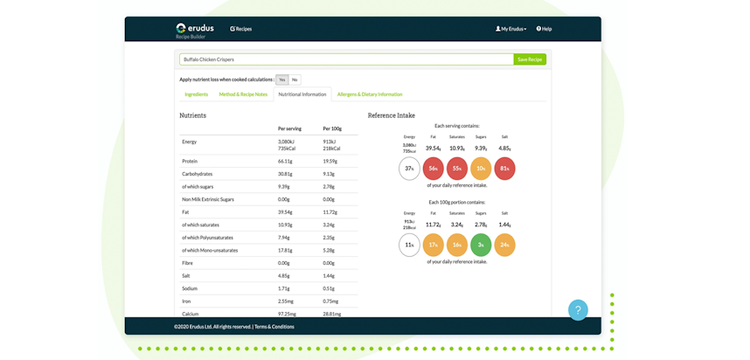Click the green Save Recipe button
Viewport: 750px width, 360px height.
(530, 59)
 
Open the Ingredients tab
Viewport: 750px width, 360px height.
(196, 94)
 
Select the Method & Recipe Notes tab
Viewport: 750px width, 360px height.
(243, 94)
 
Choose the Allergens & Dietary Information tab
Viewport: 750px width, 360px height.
(370, 94)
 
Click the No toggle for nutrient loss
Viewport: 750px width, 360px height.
(295, 80)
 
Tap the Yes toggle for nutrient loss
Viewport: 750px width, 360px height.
(281, 80)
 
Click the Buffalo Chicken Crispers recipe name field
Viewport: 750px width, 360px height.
(346, 59)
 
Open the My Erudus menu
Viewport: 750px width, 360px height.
(511, 29)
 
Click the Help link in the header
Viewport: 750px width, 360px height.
(544, 29)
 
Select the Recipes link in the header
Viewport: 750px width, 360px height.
(241, 29)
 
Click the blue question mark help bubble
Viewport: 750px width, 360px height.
(578, 310)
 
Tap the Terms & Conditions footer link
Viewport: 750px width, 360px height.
(274, 327)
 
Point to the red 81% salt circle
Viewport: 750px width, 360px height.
(504, 169)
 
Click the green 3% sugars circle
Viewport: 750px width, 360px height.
(481, 245)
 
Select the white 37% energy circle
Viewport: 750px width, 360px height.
(409, 169)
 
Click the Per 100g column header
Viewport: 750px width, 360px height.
(332, 128)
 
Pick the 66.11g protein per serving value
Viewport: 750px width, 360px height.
(285, 161)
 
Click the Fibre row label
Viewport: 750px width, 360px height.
(188, 263)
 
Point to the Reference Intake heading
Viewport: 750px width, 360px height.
(392, 115)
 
